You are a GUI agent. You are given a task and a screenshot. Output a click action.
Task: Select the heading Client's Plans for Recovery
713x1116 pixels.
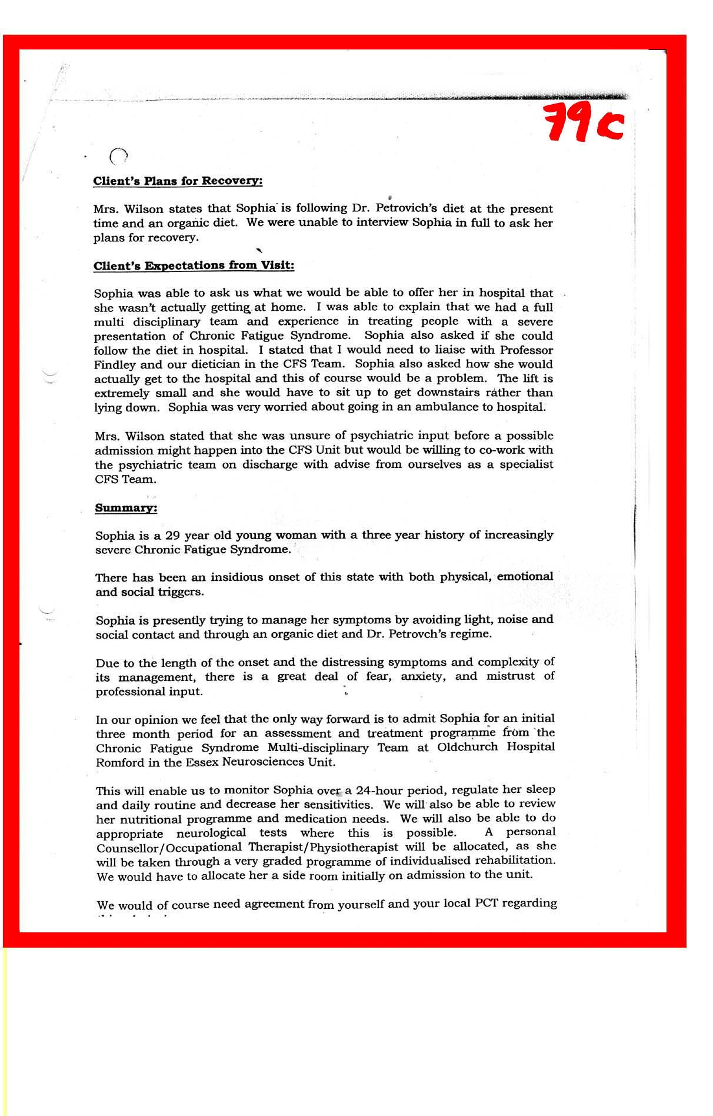click(178, 181)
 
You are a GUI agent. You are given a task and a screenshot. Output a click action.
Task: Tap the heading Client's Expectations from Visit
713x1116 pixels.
click(194, 265)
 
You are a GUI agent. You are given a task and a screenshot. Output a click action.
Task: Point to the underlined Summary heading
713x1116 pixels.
click(126, 507)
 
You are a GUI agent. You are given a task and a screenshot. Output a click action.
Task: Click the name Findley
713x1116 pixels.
click(115, 364)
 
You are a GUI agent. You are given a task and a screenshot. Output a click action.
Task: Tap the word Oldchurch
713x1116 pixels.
click(468, 748)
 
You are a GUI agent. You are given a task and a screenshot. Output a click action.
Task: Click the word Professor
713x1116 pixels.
click(526, 350)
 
